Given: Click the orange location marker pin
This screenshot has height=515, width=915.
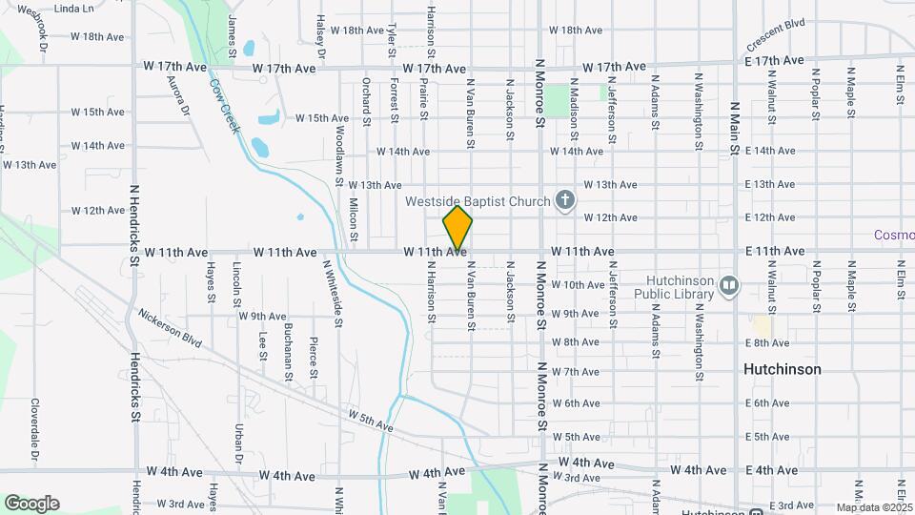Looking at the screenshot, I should [x=457, y=227].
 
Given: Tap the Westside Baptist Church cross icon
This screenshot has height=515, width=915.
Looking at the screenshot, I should [x=564, y=200].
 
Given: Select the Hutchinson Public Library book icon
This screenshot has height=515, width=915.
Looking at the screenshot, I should [x=729, y=285].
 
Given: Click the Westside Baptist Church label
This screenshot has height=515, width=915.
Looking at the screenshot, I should [x=478, y=201].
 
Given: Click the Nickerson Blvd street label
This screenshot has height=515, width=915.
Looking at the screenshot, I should [x=170, y=326].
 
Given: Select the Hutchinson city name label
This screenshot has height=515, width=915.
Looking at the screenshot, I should [x=782, y=369].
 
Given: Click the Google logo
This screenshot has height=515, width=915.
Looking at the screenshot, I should [x=31, y=504].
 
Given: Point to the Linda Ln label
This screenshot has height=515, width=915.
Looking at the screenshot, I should [x=75, y=9].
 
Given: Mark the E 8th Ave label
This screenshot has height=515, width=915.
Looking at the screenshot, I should [x=769, y=341].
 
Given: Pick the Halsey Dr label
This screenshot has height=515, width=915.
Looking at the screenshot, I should [x=321, y=37].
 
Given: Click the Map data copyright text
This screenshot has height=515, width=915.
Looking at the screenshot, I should [x=875, y=507].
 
